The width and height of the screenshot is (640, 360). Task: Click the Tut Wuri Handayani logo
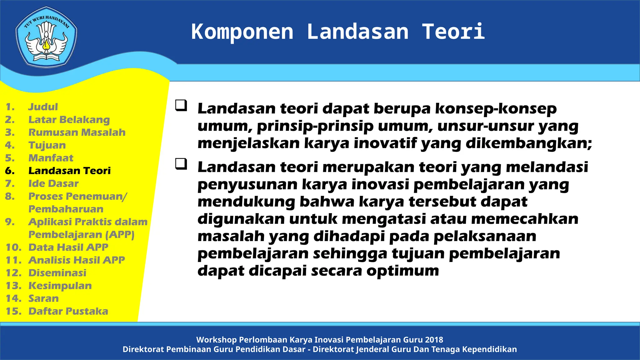46,37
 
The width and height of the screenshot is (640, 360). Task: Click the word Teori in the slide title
453,32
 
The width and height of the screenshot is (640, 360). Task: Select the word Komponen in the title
242,32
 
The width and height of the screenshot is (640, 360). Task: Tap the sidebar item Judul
43,107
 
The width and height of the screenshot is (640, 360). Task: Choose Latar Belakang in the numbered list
69,120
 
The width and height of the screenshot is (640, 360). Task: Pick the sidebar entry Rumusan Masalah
77,132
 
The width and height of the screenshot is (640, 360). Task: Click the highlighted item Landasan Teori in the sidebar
69,171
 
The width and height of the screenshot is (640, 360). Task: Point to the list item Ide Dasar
53,183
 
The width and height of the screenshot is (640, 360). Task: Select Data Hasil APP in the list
68,247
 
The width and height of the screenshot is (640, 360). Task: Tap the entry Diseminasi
57,273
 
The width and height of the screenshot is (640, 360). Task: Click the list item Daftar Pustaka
68,311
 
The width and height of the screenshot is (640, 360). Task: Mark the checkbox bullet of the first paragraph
181,105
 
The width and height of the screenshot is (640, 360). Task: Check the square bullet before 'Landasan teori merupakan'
181,164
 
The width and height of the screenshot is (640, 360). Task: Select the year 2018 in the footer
434,340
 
